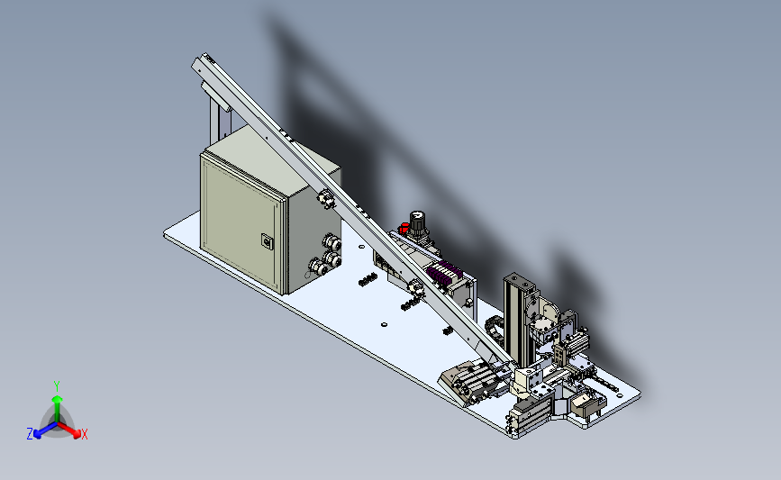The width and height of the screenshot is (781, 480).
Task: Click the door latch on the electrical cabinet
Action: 267,241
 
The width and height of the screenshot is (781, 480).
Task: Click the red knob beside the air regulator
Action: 404,228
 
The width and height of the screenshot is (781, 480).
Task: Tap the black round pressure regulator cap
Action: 417,217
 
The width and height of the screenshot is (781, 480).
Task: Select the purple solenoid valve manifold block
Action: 443,272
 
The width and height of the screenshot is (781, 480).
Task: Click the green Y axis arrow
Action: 57,408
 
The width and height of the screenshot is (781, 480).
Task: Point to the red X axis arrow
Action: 68,430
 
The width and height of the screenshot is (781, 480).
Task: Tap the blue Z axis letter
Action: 30,434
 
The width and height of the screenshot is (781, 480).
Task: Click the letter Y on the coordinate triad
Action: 57,386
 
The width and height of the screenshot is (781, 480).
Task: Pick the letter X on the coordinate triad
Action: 85,434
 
